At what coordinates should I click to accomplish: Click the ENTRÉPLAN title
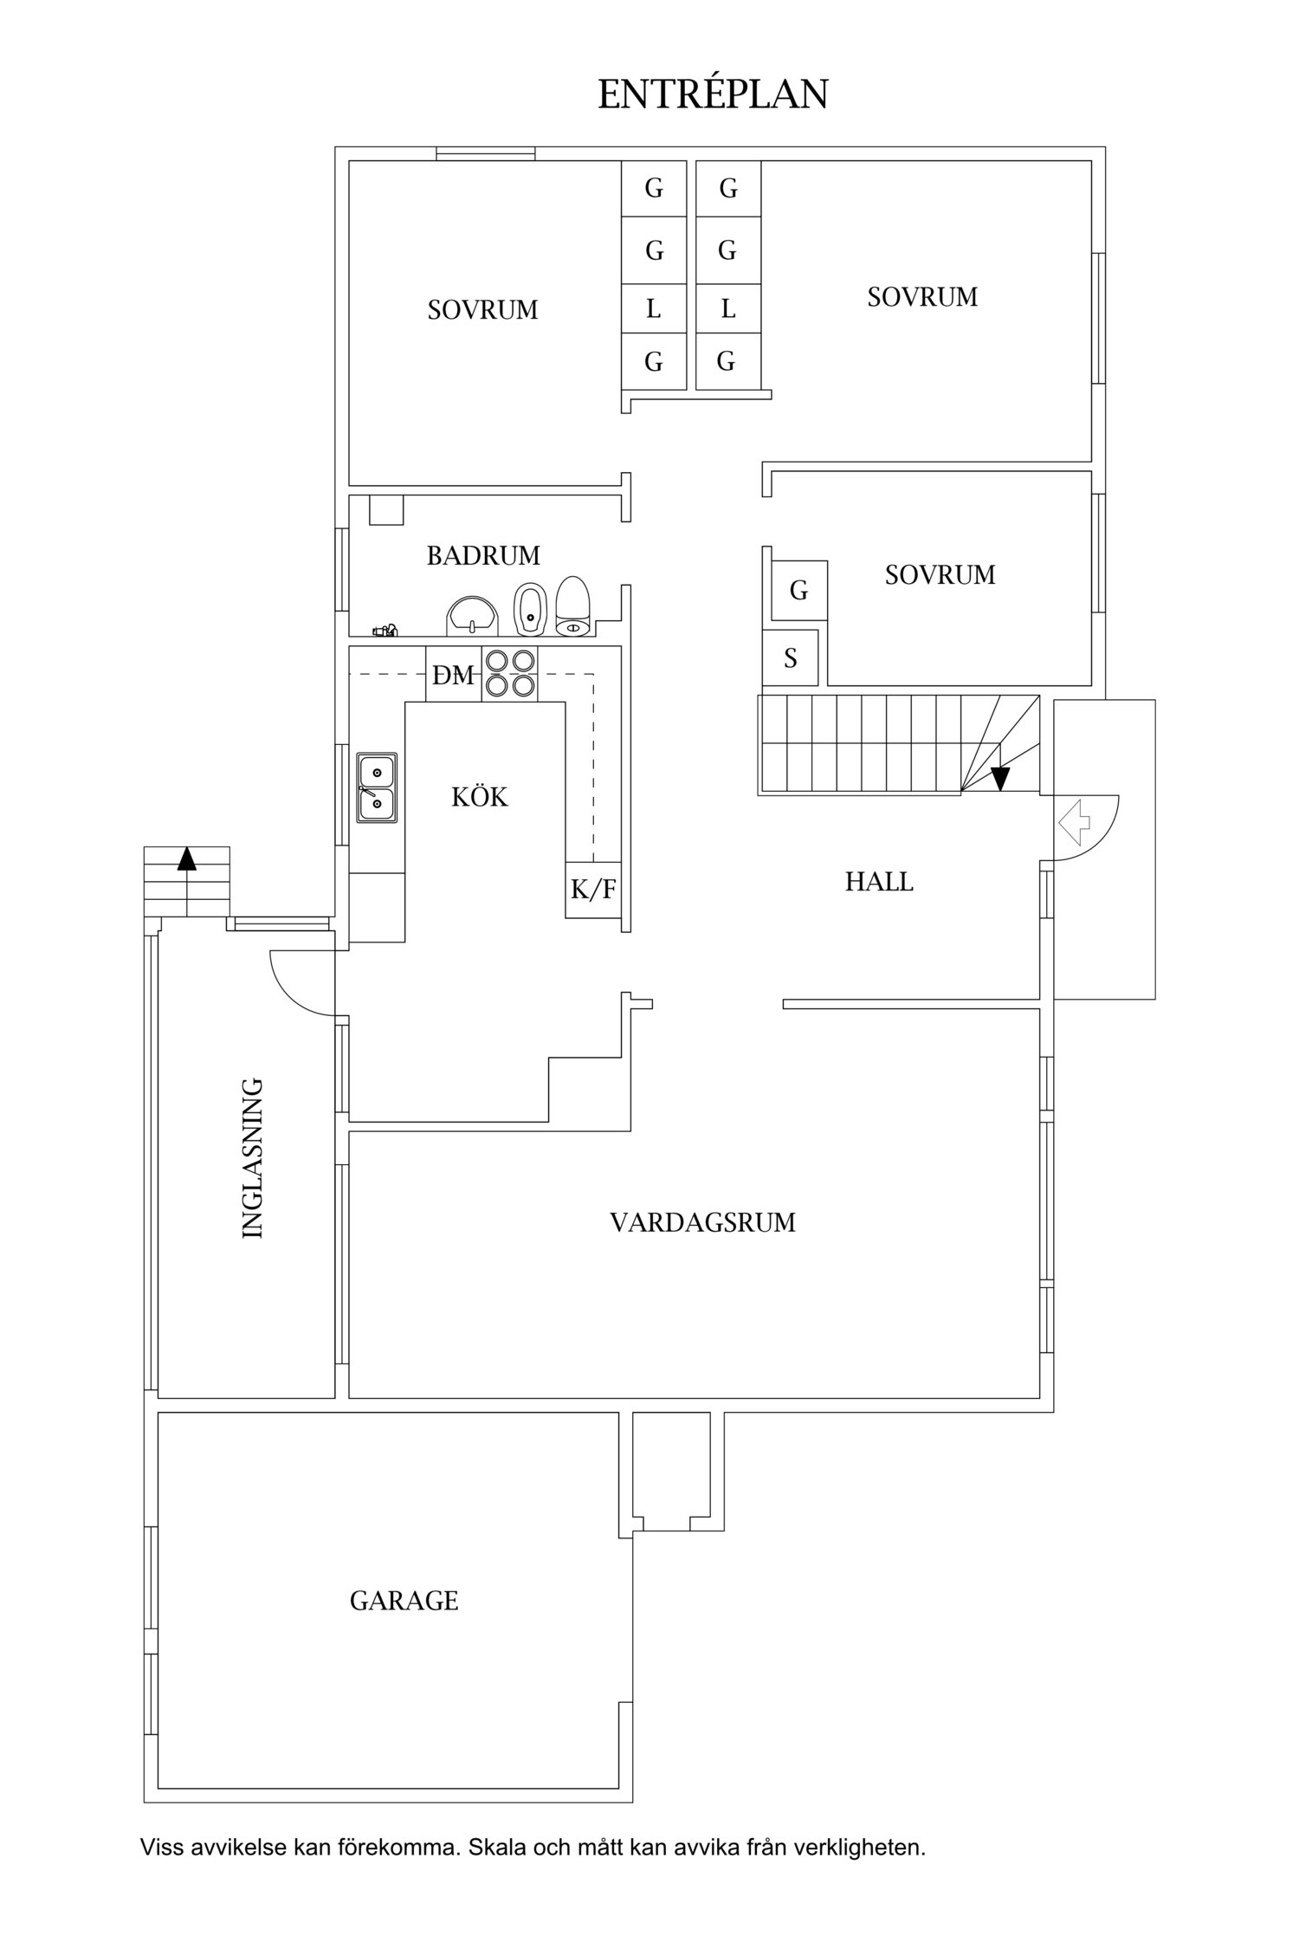713,94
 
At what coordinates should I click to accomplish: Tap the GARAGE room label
404,1600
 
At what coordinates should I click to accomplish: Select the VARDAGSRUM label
702,1222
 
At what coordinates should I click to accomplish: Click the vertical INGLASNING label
252,1157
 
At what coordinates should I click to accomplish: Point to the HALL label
879,882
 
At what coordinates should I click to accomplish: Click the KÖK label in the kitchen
480,797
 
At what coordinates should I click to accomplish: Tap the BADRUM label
483,555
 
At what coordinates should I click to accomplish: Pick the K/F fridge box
593,890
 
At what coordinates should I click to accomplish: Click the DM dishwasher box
454,675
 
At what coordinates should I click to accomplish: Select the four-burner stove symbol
509,674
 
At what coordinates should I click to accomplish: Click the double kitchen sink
377,787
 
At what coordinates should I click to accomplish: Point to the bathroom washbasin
472,616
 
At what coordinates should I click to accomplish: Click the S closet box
790,658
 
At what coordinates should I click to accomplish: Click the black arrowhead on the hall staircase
1000,779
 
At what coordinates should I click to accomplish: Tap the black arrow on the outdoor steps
186,858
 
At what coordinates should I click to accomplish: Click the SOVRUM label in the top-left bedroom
482,309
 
